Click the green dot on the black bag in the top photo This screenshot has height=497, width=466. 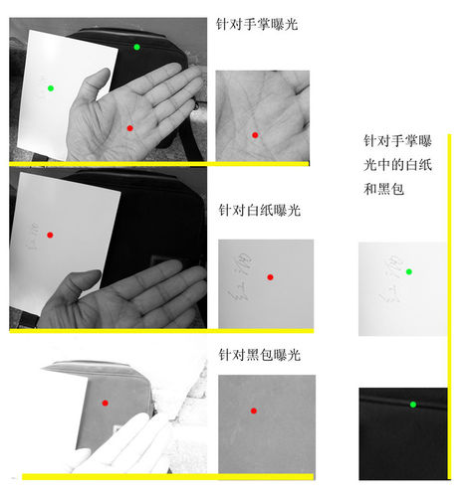(x=136, y=47)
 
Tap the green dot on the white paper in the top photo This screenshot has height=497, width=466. (x=51, y=88)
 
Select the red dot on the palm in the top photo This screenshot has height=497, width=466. (x=129, y=127)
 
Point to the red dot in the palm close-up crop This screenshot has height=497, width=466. (x=255, y=134)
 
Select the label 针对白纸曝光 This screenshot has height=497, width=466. (x=259, y=211)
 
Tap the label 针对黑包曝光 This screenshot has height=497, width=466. (x=259, y=355)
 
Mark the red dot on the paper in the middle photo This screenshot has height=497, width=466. (x=50, y=236)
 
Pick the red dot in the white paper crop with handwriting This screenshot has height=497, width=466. (x=270, y=277)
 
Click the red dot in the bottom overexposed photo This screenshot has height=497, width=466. (x=105, y=403)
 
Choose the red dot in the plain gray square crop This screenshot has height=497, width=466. (x=254, y=411)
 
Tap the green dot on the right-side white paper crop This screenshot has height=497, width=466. (x=408, y=271)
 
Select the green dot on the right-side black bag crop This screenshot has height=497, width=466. (x=412, y=404)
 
